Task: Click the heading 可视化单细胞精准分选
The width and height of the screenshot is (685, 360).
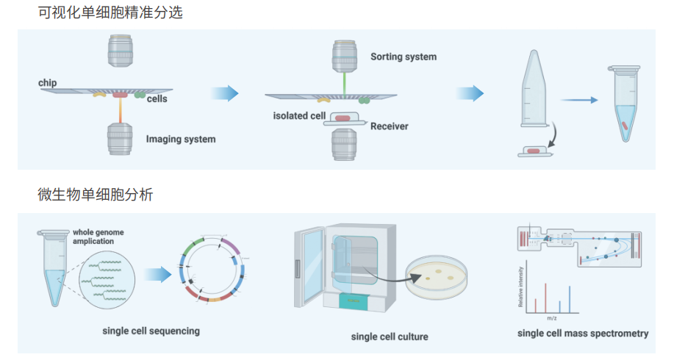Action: coord(110,12)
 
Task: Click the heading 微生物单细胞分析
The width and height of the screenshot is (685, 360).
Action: coord(96,195)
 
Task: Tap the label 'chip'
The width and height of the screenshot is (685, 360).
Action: coord(48,83)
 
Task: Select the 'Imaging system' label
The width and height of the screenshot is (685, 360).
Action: coord(181,139)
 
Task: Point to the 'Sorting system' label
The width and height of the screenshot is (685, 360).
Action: coord(403,57)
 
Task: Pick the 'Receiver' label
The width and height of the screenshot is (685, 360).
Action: coord(389,126)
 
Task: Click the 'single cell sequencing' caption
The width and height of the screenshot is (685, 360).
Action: coord(151,331)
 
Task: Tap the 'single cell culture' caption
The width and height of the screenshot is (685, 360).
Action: coord(390,336)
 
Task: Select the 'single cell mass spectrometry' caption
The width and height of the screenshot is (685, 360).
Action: coord(583,333)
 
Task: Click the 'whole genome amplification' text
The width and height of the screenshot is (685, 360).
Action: coord(98,237)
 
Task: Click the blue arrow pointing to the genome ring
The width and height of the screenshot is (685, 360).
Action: coord(156,274)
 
